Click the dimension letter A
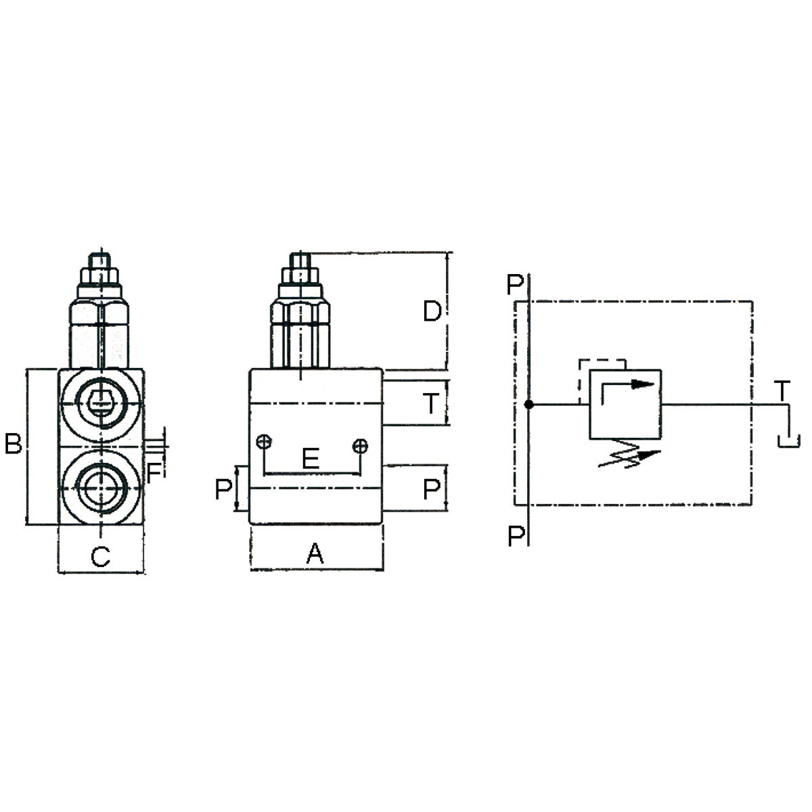[x=315, y=554]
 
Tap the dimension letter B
[x=13, y=444]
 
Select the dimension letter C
[x=101, y=556]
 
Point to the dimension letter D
[x=432, y=311]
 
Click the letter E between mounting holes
[x=311, y=459]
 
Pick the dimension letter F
[x=154, y=473]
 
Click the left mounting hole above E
[x=264, y=443]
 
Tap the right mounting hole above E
[x=360, y=446]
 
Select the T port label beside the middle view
[x=431, y=403]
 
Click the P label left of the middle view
[x=223, y=490]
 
